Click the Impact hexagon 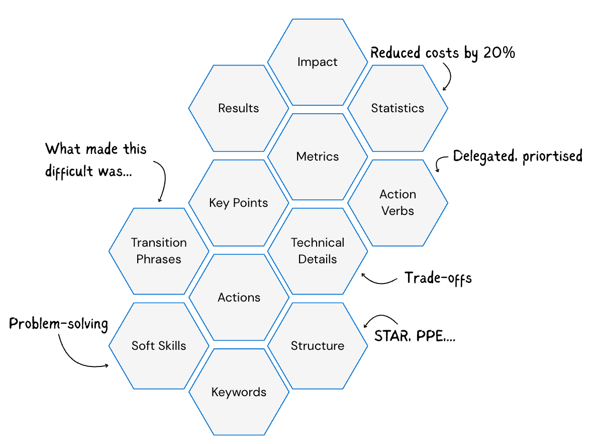point(318,62)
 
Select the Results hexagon point(239,108)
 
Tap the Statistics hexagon point(398,108)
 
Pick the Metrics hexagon point(318,157)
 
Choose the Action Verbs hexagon point(398,202)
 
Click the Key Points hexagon point(239,203)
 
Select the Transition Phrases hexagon point(159,251)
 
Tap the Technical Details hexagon point(318,251)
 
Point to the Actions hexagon point(239,298)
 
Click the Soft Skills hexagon point(159,346)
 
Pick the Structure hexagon point(318,346)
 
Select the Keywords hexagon point(239,392)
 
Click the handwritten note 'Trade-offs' point(438,278)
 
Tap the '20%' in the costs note point(499,52)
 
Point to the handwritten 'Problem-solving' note point(59,324)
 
